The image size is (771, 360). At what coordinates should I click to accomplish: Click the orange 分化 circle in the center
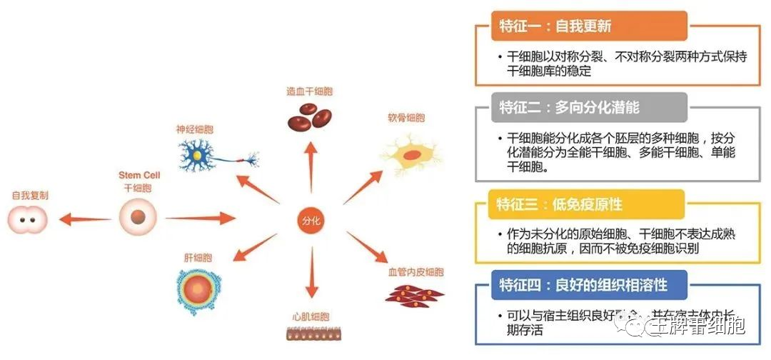[312, 221]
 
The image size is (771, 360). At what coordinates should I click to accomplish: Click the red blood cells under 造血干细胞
[308, 116]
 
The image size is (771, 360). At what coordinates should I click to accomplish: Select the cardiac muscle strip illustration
[309, 333]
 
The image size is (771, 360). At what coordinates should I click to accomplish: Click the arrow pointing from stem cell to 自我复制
[84, 219]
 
